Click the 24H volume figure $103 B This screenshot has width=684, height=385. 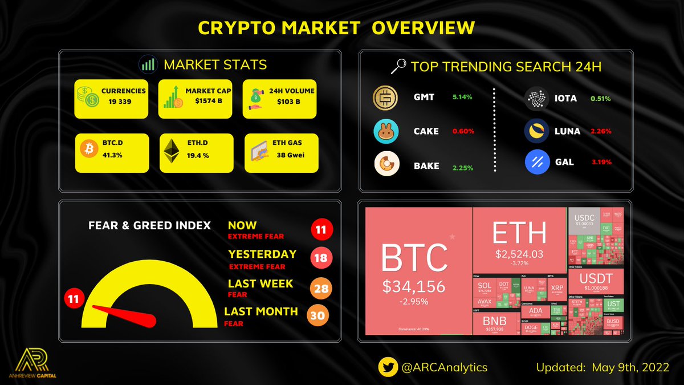pyautogui.click(x=290, y=102)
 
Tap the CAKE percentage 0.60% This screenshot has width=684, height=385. pyautogui.click(x=463, y=131)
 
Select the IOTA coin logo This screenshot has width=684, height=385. pyautogui.click(x=536, y=98)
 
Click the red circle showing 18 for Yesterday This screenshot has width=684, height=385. pyautogui.click(x=321, y=258)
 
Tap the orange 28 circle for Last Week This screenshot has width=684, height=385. pyautogui.click(x=321, y=288)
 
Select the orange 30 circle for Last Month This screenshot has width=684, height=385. pyautogui.click(x=317, y=315)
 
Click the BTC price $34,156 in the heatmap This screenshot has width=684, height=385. pyautogui.click(x=414, y=286)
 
